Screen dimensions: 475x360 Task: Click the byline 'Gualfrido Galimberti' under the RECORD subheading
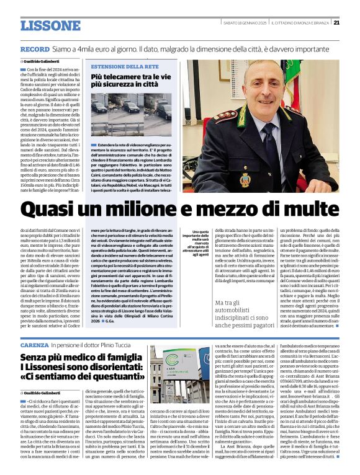click(x=42, y=62)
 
